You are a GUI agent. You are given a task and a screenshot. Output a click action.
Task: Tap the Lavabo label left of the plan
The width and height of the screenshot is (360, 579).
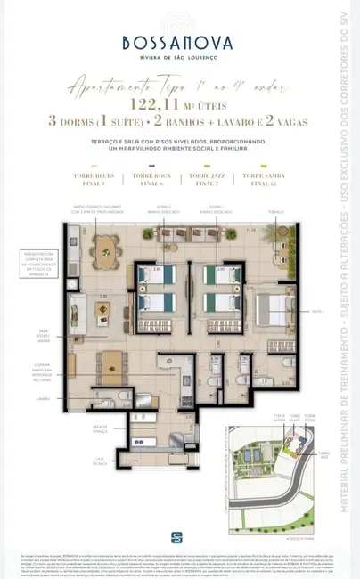click(45, 398)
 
